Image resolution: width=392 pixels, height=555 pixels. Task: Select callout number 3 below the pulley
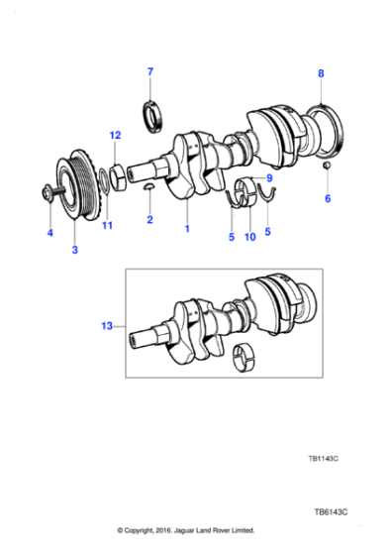pos(74,250)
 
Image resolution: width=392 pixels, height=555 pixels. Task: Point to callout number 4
pos(49,234)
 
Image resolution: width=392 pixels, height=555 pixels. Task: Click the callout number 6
pos(328,198)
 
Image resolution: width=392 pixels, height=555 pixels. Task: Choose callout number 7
pos(150,71)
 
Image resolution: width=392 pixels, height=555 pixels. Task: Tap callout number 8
pos(320,73)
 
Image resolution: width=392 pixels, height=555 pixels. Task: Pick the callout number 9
pos(268,178)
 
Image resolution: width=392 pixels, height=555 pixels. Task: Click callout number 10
pos(250,237)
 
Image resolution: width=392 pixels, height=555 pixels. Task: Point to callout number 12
pos(115,135)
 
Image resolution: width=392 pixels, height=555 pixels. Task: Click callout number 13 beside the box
pos(107,324)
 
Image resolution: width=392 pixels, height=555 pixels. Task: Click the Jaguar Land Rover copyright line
pos(186,530)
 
